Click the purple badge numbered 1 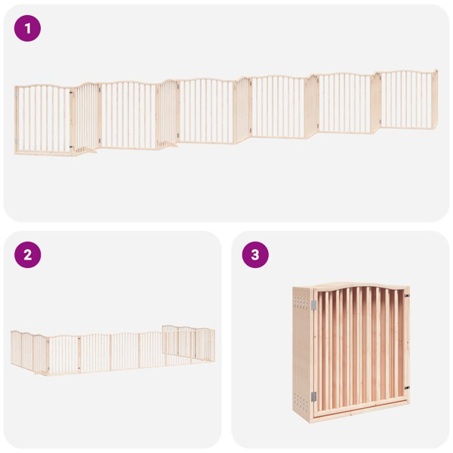pyautogui.click(x=28, y=29)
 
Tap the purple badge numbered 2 pyautogui.click(x=28, y=254)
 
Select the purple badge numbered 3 pyautogui.click(x=255, y=254)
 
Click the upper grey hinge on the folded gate pyautogui.click(x=313, y=304)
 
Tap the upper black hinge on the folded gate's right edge pyautogui.click(x=406, y=295)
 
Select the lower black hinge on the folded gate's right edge pyautogui.click(x=406, y=388)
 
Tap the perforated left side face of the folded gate pyautogui.click(x=302, y=351)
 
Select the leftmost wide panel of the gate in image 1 pyautogui.click(x=44, y=119)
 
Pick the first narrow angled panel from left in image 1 pyautogui.click(x=86, y=117)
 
